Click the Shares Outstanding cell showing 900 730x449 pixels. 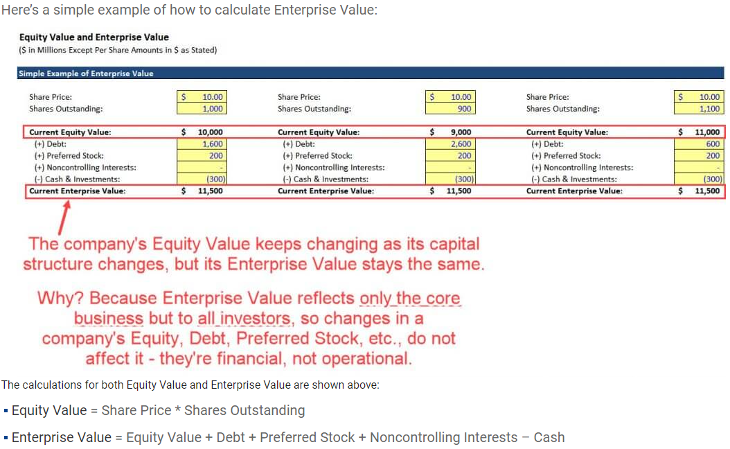tap(450, 109)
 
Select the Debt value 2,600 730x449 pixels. tap(450, 144)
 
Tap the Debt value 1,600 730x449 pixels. tap(202, 144)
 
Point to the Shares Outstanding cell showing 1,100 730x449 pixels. tap(699, 109)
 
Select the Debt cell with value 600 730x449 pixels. tap(699, 144)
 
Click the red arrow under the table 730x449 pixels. tap(64, 218)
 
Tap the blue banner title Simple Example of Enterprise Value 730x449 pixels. tap(86, 73)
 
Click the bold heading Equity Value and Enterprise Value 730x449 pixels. tap(94, 37)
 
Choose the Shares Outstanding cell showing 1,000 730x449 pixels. tap(202, 109)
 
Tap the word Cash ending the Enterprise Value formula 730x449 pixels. tap(549, 437)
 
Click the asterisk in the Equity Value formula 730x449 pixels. tap(177, 410)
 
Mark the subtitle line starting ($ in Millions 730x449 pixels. tap(118, 50)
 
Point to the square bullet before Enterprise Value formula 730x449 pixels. tap(6, 438)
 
